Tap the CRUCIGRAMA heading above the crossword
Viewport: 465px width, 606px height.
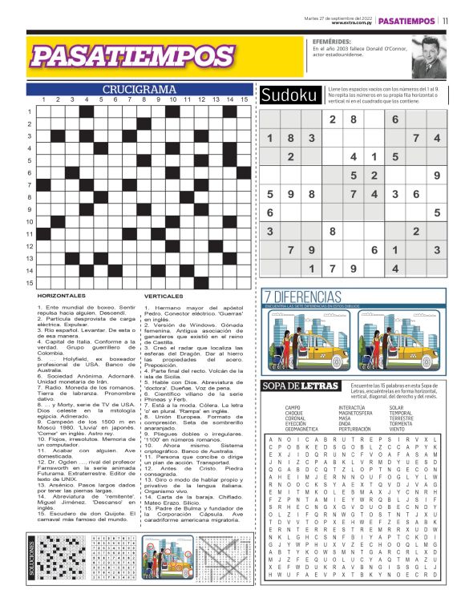[139, 89]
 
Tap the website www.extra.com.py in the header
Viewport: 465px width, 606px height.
[350, 23]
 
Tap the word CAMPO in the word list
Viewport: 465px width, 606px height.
[293, 408]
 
